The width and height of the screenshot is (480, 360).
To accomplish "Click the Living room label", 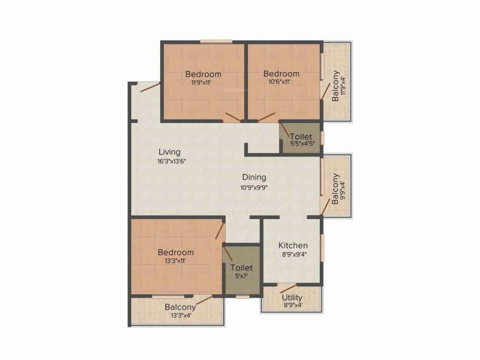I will [169, 152].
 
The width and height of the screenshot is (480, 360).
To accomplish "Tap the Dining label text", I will [254, 177].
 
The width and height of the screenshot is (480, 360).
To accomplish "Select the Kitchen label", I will [293, 246].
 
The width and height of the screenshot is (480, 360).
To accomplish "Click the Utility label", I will [292, 298].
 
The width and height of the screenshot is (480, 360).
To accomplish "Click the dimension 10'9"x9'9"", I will [254, 186].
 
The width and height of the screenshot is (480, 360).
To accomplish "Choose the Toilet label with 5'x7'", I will [241, 268].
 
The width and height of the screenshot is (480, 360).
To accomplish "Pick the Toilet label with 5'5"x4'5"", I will [300, 137].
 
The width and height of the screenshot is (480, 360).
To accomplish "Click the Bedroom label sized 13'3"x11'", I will [176, 252].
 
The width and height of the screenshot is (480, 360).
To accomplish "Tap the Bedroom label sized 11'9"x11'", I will [203, 74].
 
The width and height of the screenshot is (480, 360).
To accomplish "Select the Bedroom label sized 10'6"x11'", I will [281, 74].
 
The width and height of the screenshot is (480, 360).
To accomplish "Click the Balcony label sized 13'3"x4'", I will [180, 307].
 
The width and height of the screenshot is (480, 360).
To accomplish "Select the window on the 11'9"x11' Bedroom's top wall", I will [216, 41].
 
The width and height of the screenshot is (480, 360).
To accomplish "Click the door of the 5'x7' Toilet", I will [227, 254].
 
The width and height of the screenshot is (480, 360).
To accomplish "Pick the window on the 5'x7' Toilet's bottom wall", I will [242, 297].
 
